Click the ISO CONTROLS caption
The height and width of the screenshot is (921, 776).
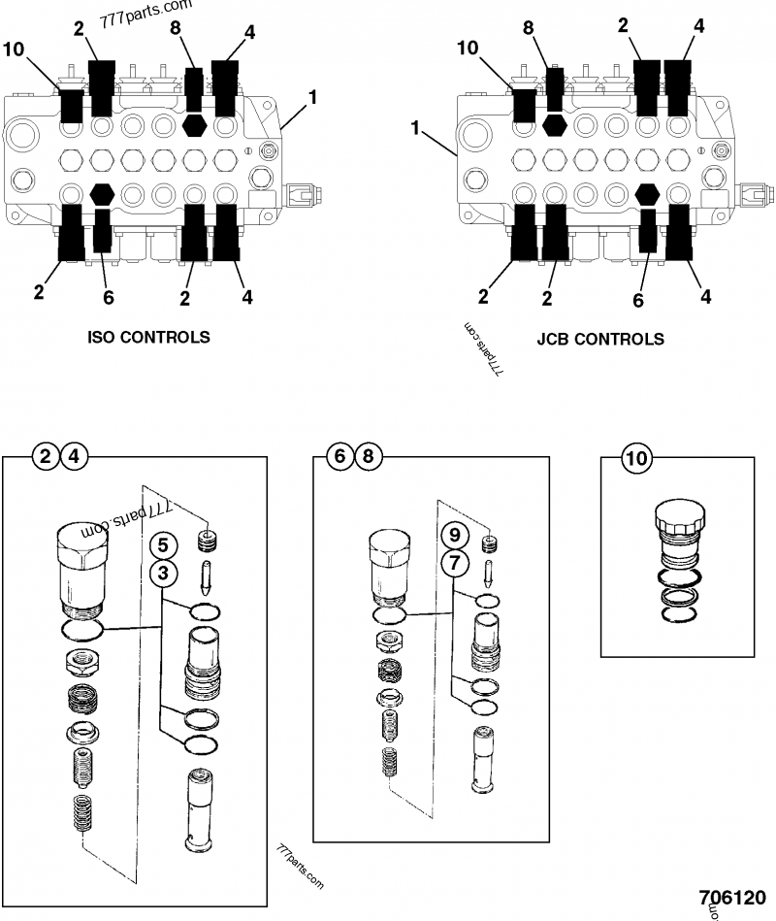(147, 338)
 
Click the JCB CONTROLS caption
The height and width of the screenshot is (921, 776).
(600, 339)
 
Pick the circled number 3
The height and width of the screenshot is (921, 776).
(164, 574)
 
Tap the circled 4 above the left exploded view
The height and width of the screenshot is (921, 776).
(73, 455)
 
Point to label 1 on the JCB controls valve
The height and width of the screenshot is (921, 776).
(416, 127)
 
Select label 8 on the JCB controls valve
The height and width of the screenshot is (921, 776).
(529, 29)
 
